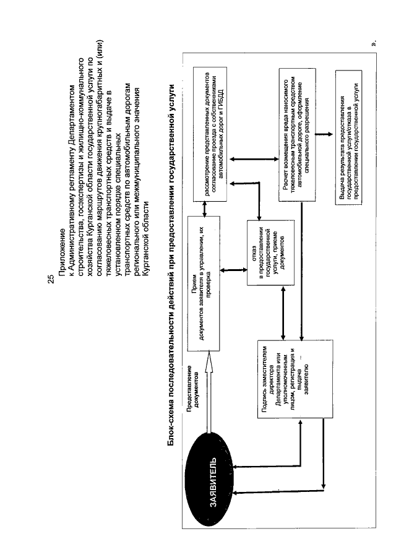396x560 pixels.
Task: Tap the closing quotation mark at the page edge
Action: tap(372, 44)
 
